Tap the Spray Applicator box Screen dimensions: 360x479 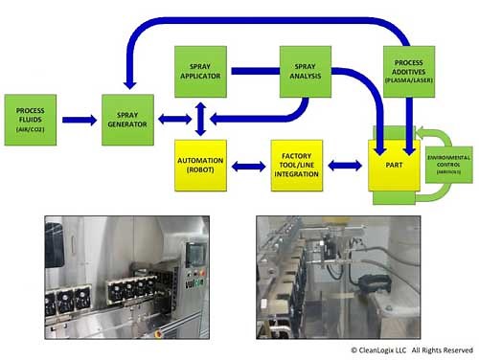[199, 69]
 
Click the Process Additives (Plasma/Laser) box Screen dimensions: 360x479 [408, 70]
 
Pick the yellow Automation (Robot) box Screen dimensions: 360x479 [199, 166]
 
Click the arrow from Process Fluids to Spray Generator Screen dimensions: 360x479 [80, 120]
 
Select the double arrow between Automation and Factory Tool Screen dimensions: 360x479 [247, 167]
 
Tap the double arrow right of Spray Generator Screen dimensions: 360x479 [169, 120]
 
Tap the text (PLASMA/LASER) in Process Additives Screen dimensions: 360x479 [408, 81]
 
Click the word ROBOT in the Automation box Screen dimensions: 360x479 [199, 171]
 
